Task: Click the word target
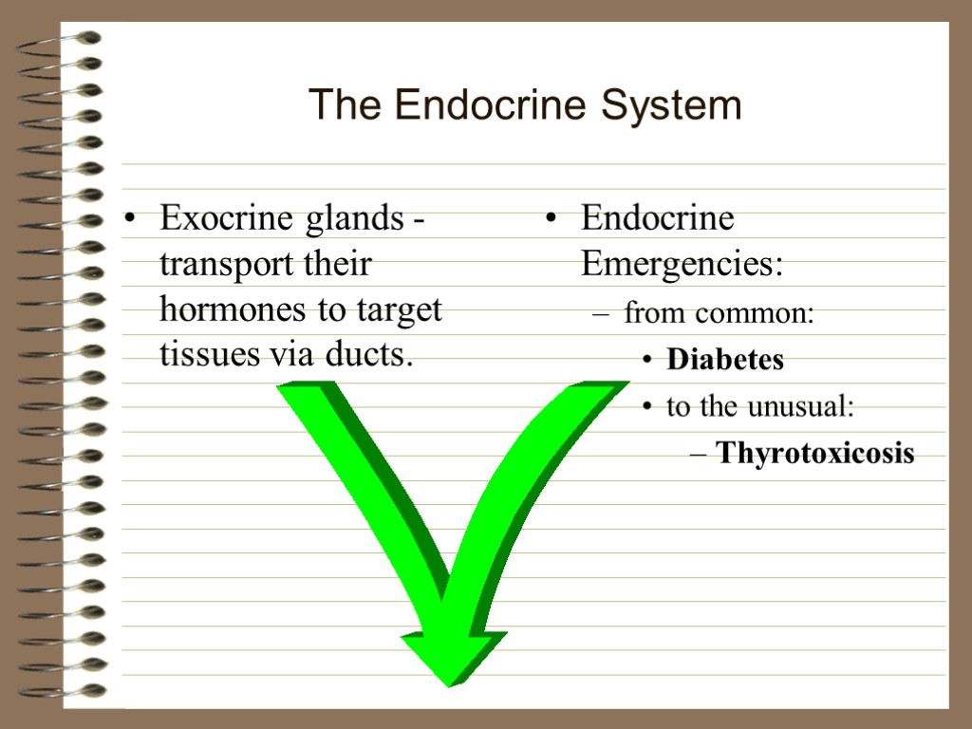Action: pyautogui.click(x=399, y=311)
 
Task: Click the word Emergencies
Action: pyautogui.click(x=682, y=265)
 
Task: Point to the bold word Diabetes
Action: pyautogui.click(x=725, y=361)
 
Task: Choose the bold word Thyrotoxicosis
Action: pyautogui.click(x=815, y=454)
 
